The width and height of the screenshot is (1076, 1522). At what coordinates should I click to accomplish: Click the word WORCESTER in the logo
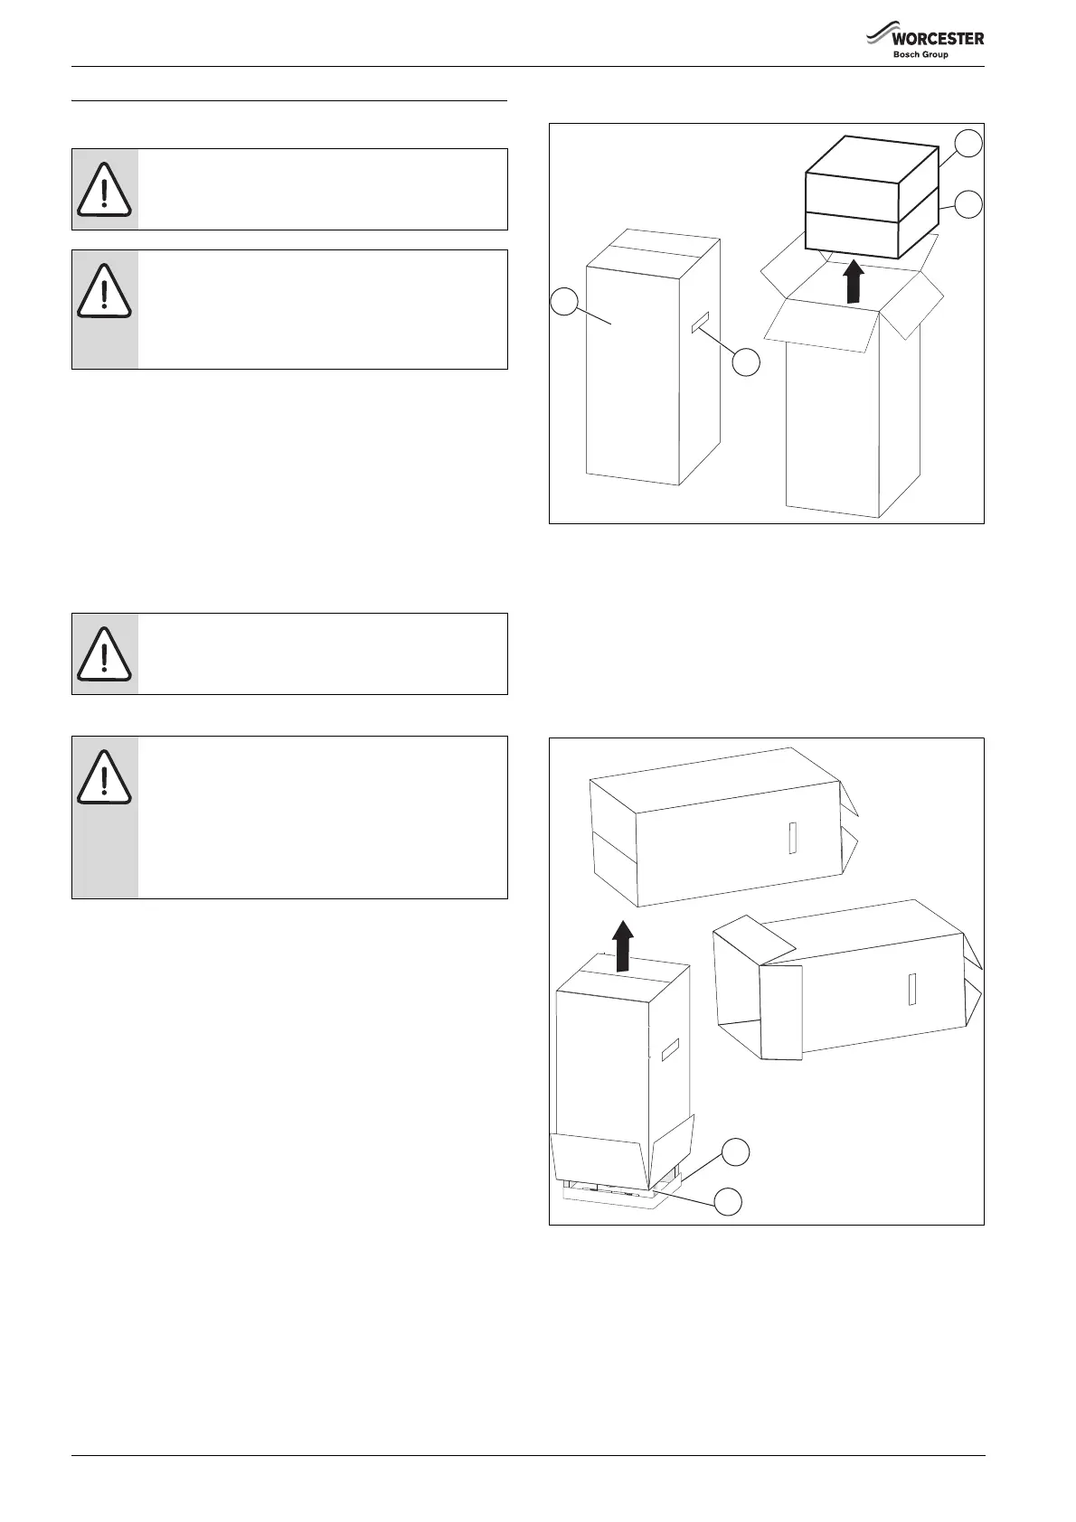point(938,39)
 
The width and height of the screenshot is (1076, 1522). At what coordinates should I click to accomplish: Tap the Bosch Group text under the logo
point(920,55)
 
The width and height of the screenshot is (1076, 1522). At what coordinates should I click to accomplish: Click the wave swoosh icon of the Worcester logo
point(880,36)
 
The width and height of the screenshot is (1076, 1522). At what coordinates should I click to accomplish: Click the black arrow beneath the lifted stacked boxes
point(852,282)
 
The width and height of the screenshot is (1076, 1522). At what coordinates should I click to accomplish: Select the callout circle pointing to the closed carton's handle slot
point(746,363)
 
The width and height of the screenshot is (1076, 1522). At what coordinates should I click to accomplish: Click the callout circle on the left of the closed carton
point(564,301)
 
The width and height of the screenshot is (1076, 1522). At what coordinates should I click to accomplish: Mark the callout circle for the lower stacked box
point(969,203)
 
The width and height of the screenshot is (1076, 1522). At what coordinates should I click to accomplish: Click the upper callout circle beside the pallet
point(735,1151)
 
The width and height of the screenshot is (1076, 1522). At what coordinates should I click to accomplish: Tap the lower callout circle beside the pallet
point(729,1201)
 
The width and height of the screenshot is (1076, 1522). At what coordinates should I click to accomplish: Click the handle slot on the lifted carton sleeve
point(792,838)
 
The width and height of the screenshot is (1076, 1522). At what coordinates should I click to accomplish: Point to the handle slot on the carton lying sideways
point(913,989)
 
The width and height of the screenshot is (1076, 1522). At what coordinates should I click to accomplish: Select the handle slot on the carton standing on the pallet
point(669,1050)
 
